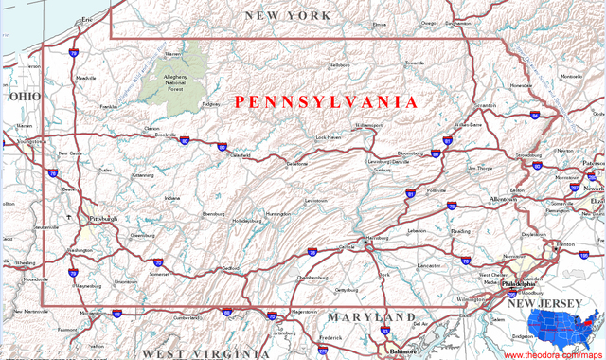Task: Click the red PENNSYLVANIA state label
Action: pyautogui.click(x=326, y=100)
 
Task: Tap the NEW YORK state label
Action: pyautogui.click(x=288, y=15)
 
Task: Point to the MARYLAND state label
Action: pyautogui.click(x=372, y=316)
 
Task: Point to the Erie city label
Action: pyautogui.click(x=88, y=19)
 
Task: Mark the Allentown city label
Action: pyautogui.click(x=504, y=200)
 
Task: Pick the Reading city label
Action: pyautogui.click(x=460, y=230)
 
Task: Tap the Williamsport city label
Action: pyautogui.click(x=369, y=125)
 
